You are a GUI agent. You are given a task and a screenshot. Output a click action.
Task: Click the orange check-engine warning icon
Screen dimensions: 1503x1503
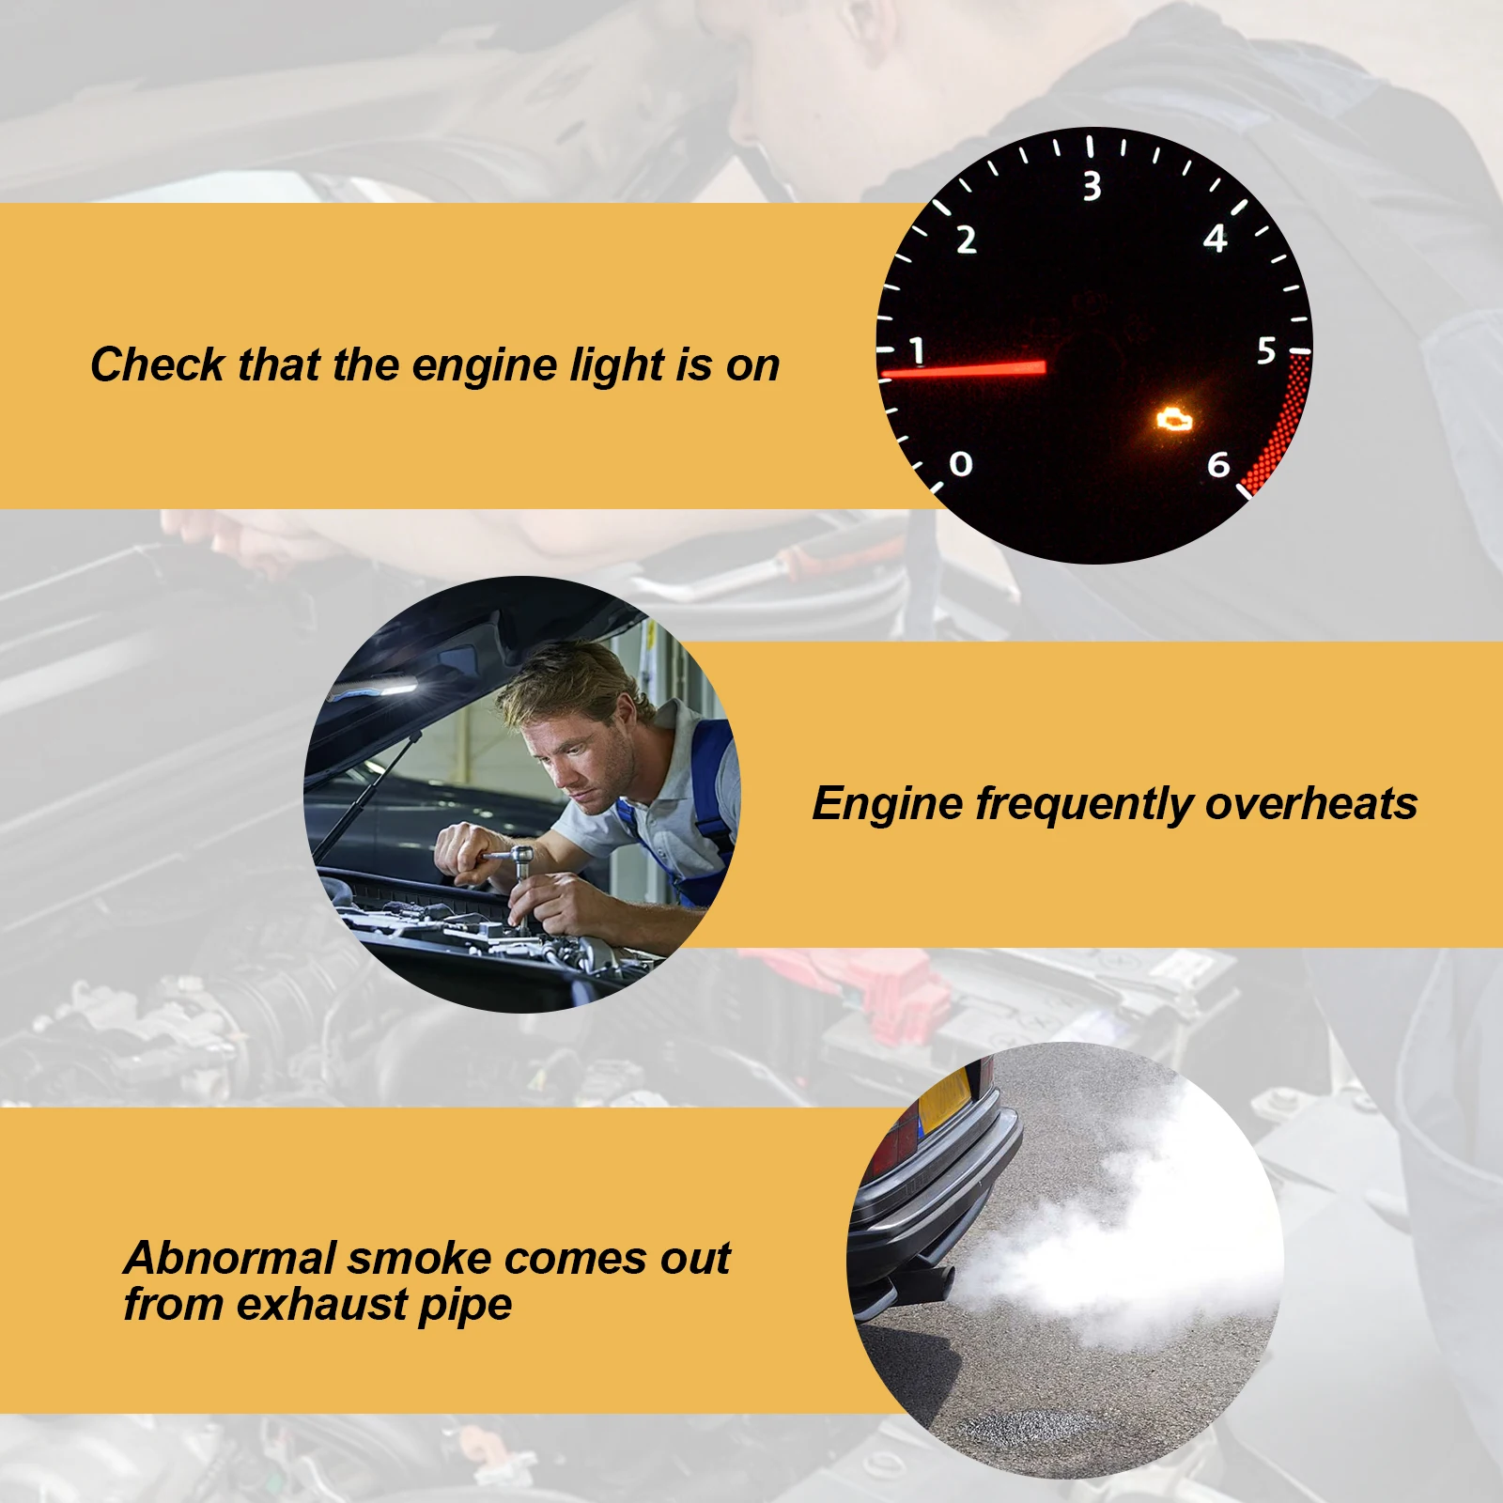click(x=1173, y=418)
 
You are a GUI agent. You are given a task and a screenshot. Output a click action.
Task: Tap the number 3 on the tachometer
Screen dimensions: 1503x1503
click(x=1092, y=186)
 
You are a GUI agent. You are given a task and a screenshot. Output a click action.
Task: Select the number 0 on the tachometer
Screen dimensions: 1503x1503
click(x=960, y=464)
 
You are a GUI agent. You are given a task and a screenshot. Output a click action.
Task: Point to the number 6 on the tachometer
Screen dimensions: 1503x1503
click(x=1218, y=464)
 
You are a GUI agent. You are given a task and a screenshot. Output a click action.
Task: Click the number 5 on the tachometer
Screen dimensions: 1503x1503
click(x=1266, y=350)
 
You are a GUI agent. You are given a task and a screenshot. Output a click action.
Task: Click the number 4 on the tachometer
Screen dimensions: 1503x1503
click(x=1215, y=238)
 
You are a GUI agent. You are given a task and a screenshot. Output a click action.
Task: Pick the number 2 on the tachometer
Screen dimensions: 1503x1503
click(x=967, y=240)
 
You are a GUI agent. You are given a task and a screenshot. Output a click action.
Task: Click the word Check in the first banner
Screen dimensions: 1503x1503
click(x=158, y=364)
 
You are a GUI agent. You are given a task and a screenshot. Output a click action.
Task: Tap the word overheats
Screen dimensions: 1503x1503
click(x=1311, y=804)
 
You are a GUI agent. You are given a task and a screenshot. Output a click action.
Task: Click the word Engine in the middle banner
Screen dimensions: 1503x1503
click(x=889, y=805)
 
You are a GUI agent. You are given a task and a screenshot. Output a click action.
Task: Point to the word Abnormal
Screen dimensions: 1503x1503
click(x=230, y=1258)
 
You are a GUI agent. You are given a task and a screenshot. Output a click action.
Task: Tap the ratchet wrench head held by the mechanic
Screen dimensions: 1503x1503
click(x=520, y=858)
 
